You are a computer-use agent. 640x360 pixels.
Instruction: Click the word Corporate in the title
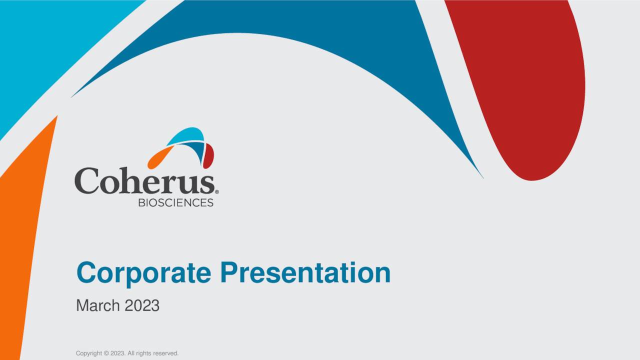click(x=144, y=273)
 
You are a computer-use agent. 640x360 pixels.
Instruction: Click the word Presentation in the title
click(x=305, y=273)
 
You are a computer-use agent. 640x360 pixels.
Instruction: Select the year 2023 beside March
click(x=142, y=305)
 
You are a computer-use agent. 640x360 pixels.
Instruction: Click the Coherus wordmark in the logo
click(x=145, y=181)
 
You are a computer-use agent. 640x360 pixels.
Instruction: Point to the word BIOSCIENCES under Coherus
click(x=175, y=202)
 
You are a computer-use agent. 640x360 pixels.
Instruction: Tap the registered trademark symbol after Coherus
click(x=216, y=191)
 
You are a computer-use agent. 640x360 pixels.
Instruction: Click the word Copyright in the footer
click(x=88, y=353)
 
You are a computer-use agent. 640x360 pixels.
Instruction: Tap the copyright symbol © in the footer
click(x=106, y=353)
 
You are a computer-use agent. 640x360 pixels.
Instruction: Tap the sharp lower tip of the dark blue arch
click(x=481, y=176)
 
